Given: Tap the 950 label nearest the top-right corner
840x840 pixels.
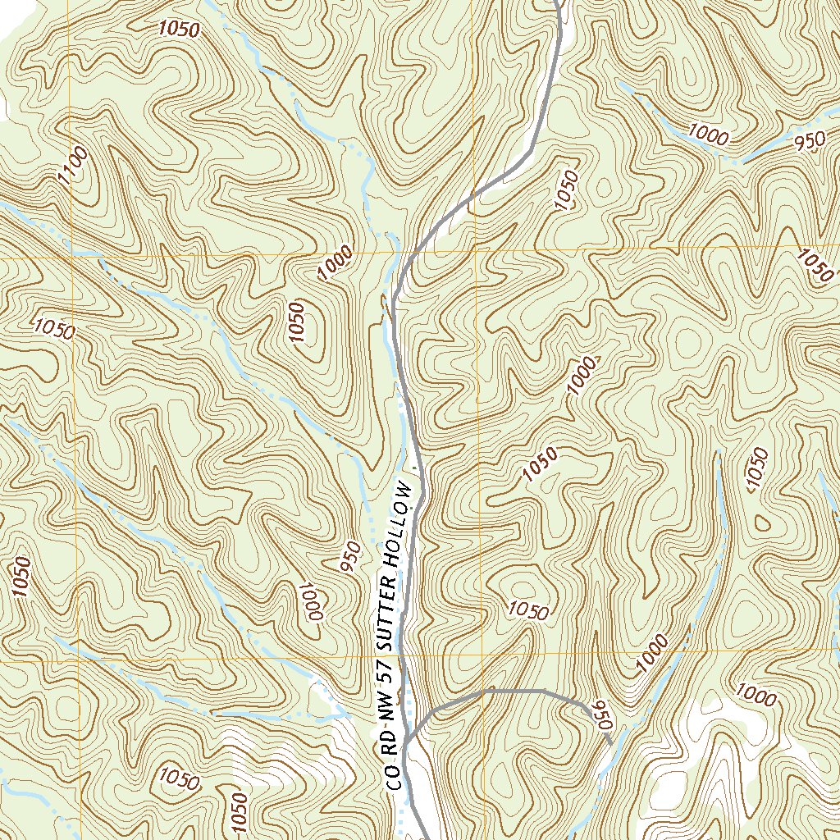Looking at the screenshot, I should click(x=810, y=142).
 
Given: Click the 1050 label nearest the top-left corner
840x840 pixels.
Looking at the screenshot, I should click(x=179, y=29).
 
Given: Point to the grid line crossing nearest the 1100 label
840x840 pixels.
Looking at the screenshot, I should click(x=71, y=257).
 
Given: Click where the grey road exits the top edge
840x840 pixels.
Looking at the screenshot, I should click(x=557, y=2).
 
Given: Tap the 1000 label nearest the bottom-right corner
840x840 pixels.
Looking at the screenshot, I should click(x=756, y=696).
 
